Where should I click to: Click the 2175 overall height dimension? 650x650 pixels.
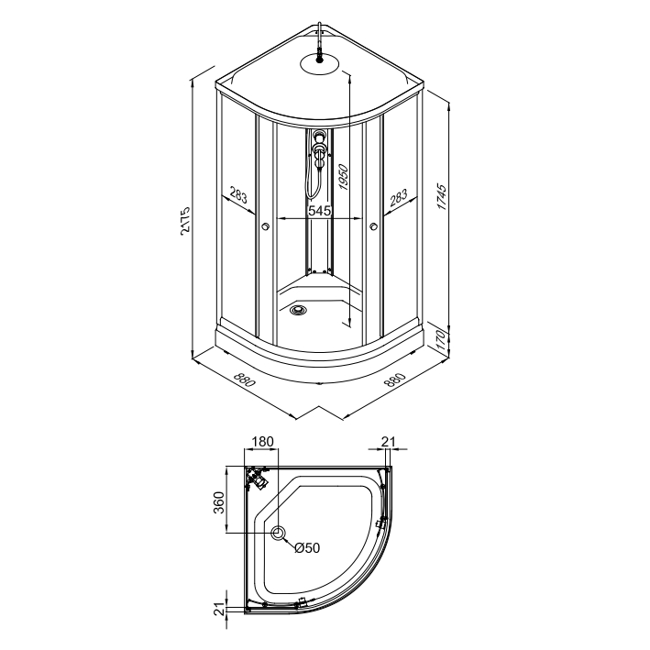(x=184, y=221)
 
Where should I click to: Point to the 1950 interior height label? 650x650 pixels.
(x=342, y=177)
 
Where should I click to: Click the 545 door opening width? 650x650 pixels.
(x=318, y=211)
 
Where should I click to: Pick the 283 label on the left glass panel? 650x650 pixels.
(x=237, y=195)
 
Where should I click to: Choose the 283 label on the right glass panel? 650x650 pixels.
(x=398, y=196)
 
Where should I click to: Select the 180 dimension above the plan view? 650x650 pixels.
(x=262, y=441)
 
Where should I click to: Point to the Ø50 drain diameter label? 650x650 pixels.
(x=307, y=548)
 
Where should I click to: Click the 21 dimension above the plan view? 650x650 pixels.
(x=388, y=441)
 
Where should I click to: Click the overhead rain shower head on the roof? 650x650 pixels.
(x=319, y=61)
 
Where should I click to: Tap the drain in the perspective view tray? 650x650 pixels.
(x=297, y=310)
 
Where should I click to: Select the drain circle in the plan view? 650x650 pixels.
(x=279, y=533)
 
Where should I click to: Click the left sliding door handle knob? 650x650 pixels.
(x=264, y=228)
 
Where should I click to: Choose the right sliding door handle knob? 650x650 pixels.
(x=373, y=228)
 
